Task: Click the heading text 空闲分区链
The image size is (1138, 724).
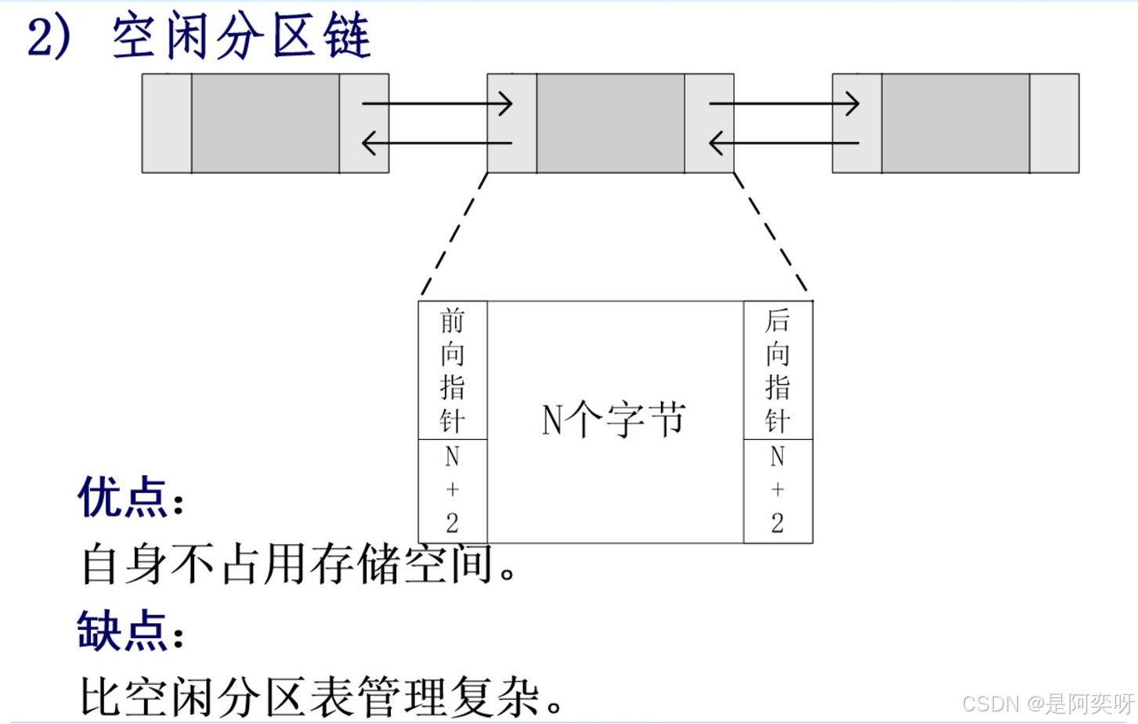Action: (x=240, y=37)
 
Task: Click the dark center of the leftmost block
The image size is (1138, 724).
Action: (x=265, y=123)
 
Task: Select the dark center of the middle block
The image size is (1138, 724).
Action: (x=610, y=123)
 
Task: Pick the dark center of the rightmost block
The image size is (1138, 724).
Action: (x=955, y=123)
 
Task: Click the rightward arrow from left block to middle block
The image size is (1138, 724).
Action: (x=436, y=103)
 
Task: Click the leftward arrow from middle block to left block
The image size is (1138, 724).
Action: (x=436, y=143)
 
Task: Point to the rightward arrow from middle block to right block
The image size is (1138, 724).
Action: (x=783, y=103)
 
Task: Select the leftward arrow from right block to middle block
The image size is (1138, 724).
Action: (x=783, y=143)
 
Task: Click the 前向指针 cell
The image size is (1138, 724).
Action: (x=453, y=370)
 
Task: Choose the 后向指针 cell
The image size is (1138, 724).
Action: (x=778, y=370)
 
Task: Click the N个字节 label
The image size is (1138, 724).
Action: (x=614, y=420)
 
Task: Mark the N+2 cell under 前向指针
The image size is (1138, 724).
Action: (x=453, y=490)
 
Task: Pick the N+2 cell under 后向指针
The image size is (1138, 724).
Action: (x=778, y=490)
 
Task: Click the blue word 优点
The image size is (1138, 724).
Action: (x=123, y=498)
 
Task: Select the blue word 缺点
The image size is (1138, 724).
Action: (x=123, y=631)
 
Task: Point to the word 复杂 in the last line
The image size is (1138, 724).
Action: (x=496, y=697)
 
